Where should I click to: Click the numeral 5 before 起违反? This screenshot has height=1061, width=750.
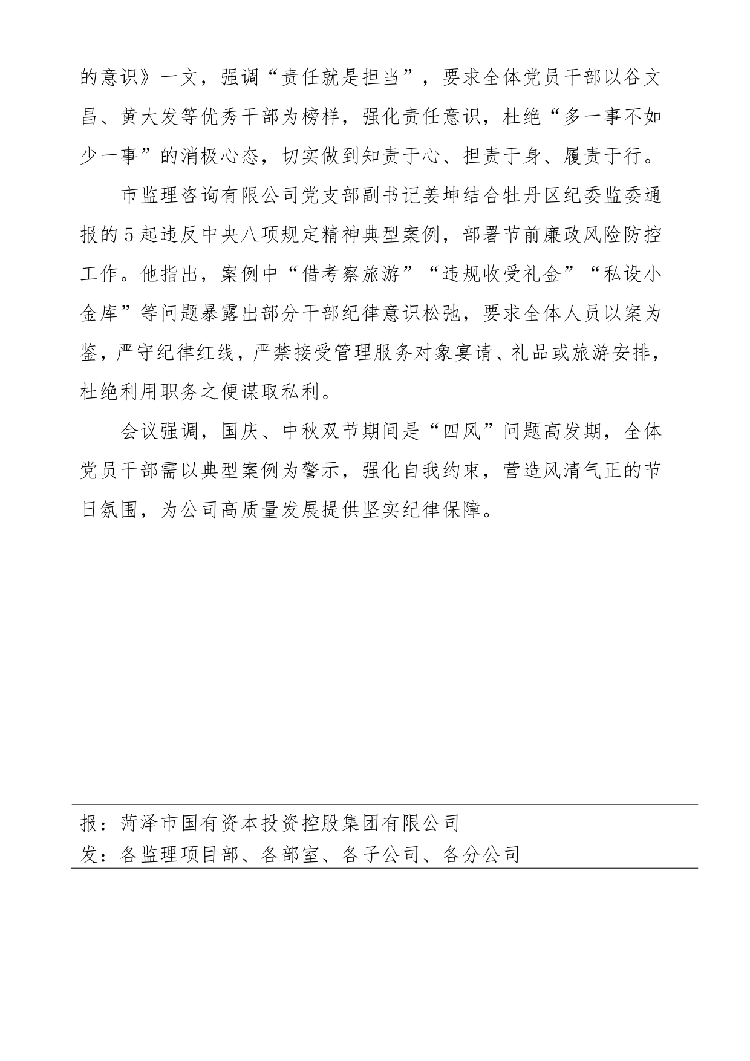tap(128, 236)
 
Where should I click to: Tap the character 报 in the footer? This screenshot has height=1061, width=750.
tap(90, 823)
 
